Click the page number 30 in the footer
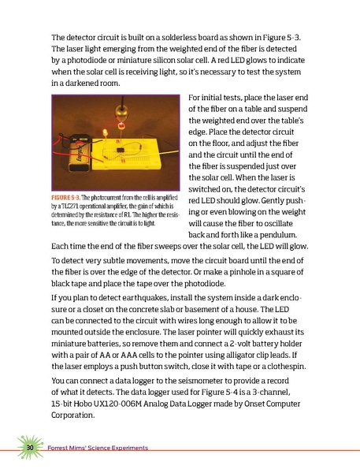29,448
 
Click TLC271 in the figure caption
72,205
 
